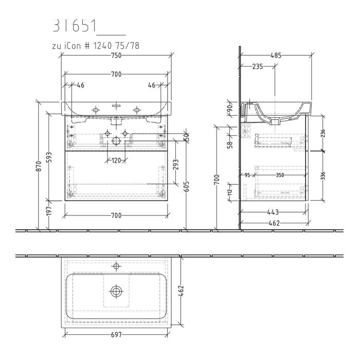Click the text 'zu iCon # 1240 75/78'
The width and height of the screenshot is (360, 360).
pos(96,46)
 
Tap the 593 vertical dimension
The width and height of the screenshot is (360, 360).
pos(49,156)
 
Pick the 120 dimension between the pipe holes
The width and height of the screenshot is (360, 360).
pos(116,160)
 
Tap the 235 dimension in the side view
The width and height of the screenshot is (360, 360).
pos(258,66)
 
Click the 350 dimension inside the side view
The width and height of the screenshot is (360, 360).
pos(279,175)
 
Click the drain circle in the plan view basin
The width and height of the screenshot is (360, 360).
pos(116,292)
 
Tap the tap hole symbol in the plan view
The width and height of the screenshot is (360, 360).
pos(116,266)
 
